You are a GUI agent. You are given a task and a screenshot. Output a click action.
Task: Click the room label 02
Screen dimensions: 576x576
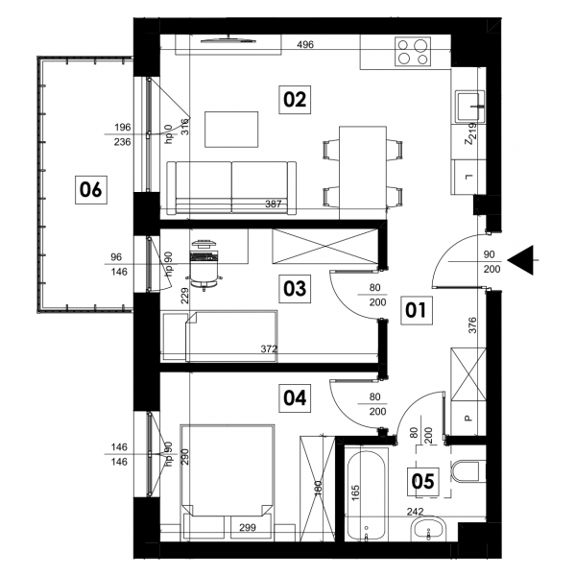pos(295,100)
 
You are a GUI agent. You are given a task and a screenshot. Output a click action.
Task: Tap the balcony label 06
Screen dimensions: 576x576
pos(91,190)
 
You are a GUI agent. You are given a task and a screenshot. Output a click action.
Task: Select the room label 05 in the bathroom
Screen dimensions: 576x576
pos(423,481)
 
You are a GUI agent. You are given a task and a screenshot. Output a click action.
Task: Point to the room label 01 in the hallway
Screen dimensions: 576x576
pos(417,310)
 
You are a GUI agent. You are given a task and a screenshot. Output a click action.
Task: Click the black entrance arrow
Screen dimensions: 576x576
pos(520,260)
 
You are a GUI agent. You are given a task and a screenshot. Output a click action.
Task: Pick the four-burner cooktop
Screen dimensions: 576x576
pos(413,52)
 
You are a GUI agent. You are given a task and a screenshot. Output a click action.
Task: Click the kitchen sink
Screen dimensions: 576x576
pos(470,107)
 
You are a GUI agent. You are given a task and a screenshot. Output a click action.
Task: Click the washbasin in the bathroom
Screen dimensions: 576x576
pos(428,529)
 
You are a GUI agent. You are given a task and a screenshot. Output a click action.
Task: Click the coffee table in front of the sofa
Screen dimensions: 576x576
pos(231,130)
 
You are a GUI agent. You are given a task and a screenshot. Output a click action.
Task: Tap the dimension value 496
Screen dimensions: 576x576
pos(305,45)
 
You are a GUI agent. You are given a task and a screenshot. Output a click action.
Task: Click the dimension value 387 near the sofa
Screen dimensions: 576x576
pos(274,204)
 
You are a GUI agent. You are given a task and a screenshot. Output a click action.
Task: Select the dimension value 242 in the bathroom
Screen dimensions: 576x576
pos(415,511)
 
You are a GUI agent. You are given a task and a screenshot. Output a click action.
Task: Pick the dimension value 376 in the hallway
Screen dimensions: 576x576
pos(472,325)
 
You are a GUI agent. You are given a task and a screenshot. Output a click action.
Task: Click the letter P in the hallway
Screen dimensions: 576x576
pos(468,418)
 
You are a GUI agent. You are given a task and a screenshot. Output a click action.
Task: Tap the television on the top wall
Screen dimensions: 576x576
pos(228,40)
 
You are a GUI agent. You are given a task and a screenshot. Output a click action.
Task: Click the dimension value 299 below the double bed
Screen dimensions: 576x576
pos(248,528)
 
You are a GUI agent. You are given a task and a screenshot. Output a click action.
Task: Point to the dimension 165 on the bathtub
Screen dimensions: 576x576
pos(355,493)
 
